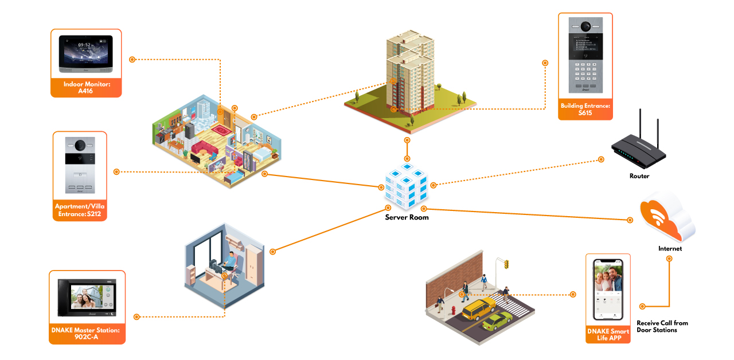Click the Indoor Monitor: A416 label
86,87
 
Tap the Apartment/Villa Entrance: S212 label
80,210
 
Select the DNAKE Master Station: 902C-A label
87,334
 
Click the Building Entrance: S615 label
585,109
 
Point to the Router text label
639,176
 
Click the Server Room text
407,217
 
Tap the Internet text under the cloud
670,249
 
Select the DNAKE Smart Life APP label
608,335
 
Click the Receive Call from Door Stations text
662,326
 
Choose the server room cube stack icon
406,186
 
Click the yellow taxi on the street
478,309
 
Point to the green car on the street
497,322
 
